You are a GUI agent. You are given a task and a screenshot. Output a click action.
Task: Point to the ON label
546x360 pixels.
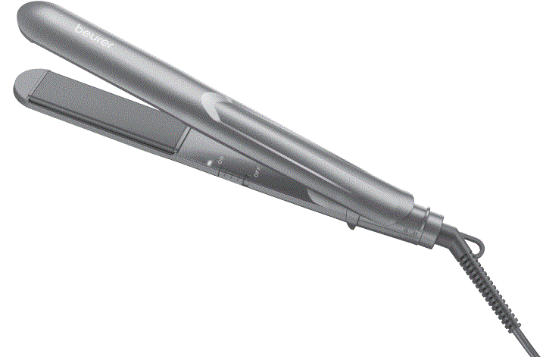point(220,163)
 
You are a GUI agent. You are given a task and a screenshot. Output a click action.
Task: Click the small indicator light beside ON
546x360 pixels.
point(210,161)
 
